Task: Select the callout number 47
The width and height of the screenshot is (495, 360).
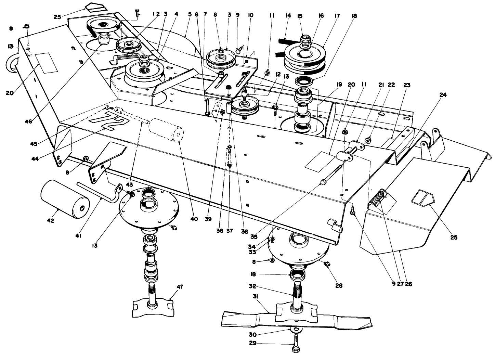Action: tap(180, 287)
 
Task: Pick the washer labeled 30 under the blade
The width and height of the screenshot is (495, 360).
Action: tap(296, 329)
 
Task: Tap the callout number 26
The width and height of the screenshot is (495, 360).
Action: tap(408, 283)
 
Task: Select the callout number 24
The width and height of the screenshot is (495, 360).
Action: tap(443, 95)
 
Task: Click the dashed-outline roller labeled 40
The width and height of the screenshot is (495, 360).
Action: tap(165, 131)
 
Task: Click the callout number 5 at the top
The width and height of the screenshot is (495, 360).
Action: tap(190, 15)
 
